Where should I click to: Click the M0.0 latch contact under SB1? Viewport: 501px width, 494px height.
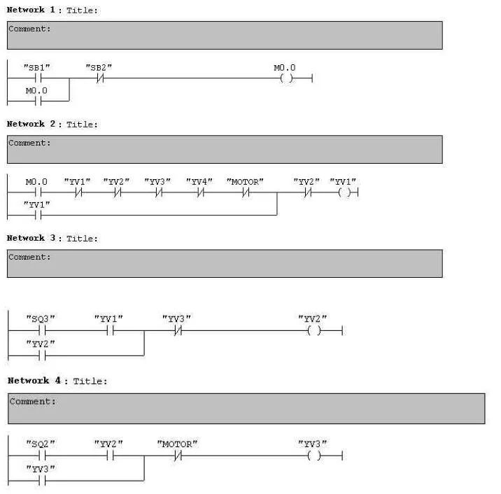37,101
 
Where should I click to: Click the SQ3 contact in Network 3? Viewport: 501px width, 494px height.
41,330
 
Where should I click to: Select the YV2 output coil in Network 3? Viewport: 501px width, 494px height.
313,330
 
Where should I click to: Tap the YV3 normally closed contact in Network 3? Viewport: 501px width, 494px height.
177,330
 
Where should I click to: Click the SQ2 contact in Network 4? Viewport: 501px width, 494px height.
41,456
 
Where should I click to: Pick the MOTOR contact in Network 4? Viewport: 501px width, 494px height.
178,456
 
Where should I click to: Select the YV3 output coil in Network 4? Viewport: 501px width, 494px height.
313,456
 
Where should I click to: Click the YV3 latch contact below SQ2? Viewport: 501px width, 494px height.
41,480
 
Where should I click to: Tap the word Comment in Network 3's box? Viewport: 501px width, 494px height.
28,257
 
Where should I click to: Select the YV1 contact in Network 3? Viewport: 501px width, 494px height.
109,330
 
